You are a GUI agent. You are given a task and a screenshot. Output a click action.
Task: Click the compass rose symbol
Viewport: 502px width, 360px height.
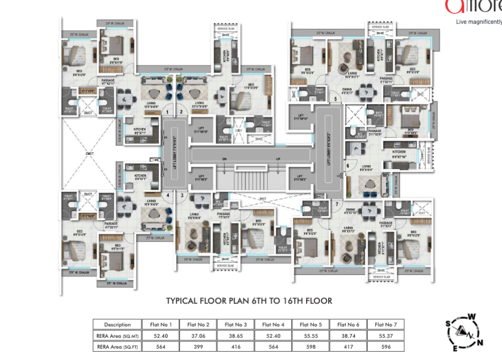(461, 330)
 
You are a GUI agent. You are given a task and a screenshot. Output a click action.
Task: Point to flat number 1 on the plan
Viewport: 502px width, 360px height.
(167, 112)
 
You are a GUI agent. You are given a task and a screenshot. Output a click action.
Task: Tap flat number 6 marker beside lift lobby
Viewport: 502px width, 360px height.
(348, 166)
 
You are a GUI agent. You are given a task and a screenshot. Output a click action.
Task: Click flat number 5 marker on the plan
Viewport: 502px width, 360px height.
(335, 99)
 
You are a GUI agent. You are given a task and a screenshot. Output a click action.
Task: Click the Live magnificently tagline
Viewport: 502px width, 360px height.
(478, 22)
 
